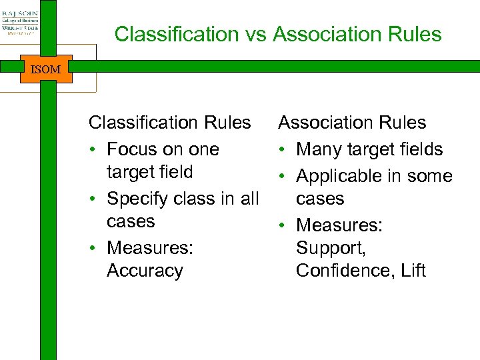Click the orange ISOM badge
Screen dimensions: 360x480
tap(46, 69)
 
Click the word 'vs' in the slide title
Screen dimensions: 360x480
tap(255, 34)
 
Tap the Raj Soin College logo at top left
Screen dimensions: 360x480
tap(20, 21)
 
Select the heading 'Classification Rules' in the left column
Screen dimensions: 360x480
tap(169, 123)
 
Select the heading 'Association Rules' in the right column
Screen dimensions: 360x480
tap(352, 123)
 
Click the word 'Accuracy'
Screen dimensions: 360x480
tap(145, 271)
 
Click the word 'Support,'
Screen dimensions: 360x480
tap(331, 248)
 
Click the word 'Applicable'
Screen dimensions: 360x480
tap(338, 176)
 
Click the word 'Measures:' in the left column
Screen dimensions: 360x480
tap(150, 248)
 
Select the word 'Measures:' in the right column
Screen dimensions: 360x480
tap(339, 225)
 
